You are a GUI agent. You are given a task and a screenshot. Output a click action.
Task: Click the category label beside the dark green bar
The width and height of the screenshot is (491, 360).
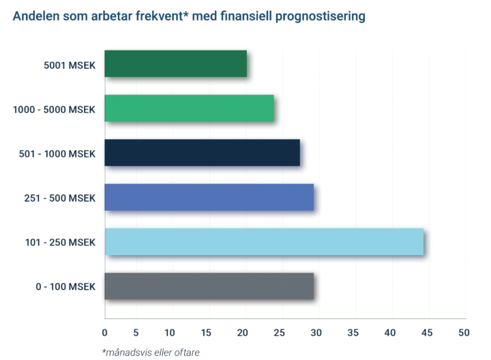pos(69,65)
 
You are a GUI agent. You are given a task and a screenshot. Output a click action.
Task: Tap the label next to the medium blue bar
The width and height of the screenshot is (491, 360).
pos(59,198)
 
